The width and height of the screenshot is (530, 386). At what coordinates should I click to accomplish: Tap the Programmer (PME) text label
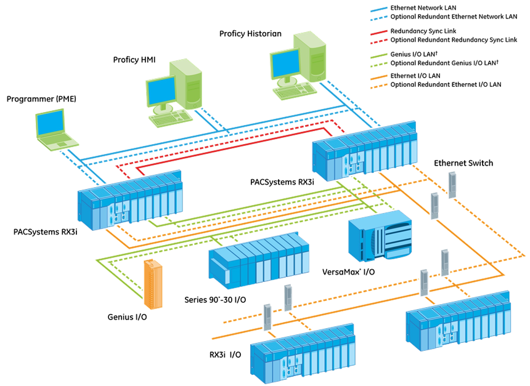pyautogui.click(x=41, y=99)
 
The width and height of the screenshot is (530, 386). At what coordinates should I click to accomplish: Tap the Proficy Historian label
pyautogui.click(x=250, y=33)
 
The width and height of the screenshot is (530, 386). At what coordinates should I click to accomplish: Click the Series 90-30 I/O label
pyautogui.click(x=216, y=300)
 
